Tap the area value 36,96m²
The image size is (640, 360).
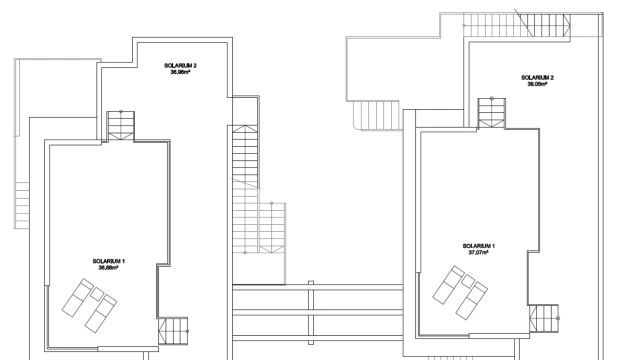click(x=181, y=72)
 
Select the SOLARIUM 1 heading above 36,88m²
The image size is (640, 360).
click(x=109, y=261)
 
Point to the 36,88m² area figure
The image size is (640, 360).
click(x=109, y=268)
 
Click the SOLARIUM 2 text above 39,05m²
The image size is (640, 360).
click(x=538, y=78)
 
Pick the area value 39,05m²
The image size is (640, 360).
click(x=538, y=84)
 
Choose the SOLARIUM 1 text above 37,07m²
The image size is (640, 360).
click(x=479, y=246)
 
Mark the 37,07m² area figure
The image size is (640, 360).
click(x=479, y=252)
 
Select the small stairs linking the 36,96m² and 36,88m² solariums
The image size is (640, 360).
click(x=121, y=126)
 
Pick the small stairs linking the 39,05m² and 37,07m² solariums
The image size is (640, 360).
click(x=492, y=113)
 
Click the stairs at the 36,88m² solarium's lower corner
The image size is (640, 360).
click(x=173, y=331)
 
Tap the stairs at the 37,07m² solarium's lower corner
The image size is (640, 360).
click(x=544, y=318)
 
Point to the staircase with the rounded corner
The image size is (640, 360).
click(x=376, y=116)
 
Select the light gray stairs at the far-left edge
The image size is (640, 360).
click(x=22, y=205)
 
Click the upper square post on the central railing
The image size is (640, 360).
click(x=311, y=283)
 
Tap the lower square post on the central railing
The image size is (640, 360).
click(x=311, y=342)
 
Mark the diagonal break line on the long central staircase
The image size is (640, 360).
click(x=246, y=183)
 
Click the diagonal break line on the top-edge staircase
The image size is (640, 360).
click(x=523, y=22)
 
